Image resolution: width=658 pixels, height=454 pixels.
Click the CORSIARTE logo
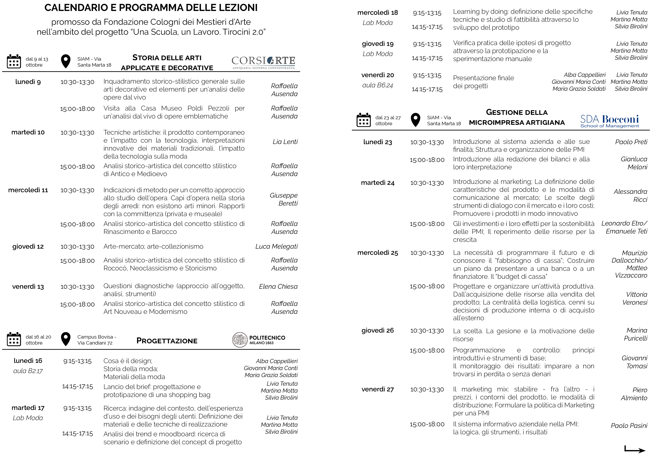click(263, 62)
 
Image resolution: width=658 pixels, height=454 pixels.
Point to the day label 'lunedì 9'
click(28, 82)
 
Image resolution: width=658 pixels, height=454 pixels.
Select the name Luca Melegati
click(276, 246)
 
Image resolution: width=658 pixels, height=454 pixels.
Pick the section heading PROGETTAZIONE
click(167, 341)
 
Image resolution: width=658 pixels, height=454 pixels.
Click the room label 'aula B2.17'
click(28, 371)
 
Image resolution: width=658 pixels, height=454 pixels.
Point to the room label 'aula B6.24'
click(378, 85)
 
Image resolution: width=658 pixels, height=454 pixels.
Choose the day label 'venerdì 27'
click(378, 389)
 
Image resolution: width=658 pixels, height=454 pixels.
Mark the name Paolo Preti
click(631, 142)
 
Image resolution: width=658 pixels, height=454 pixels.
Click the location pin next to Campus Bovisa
click(66, 339)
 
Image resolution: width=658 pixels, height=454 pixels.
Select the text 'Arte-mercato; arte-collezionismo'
click(153, 246)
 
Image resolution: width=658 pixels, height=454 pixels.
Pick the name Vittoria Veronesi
click(634, 298)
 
